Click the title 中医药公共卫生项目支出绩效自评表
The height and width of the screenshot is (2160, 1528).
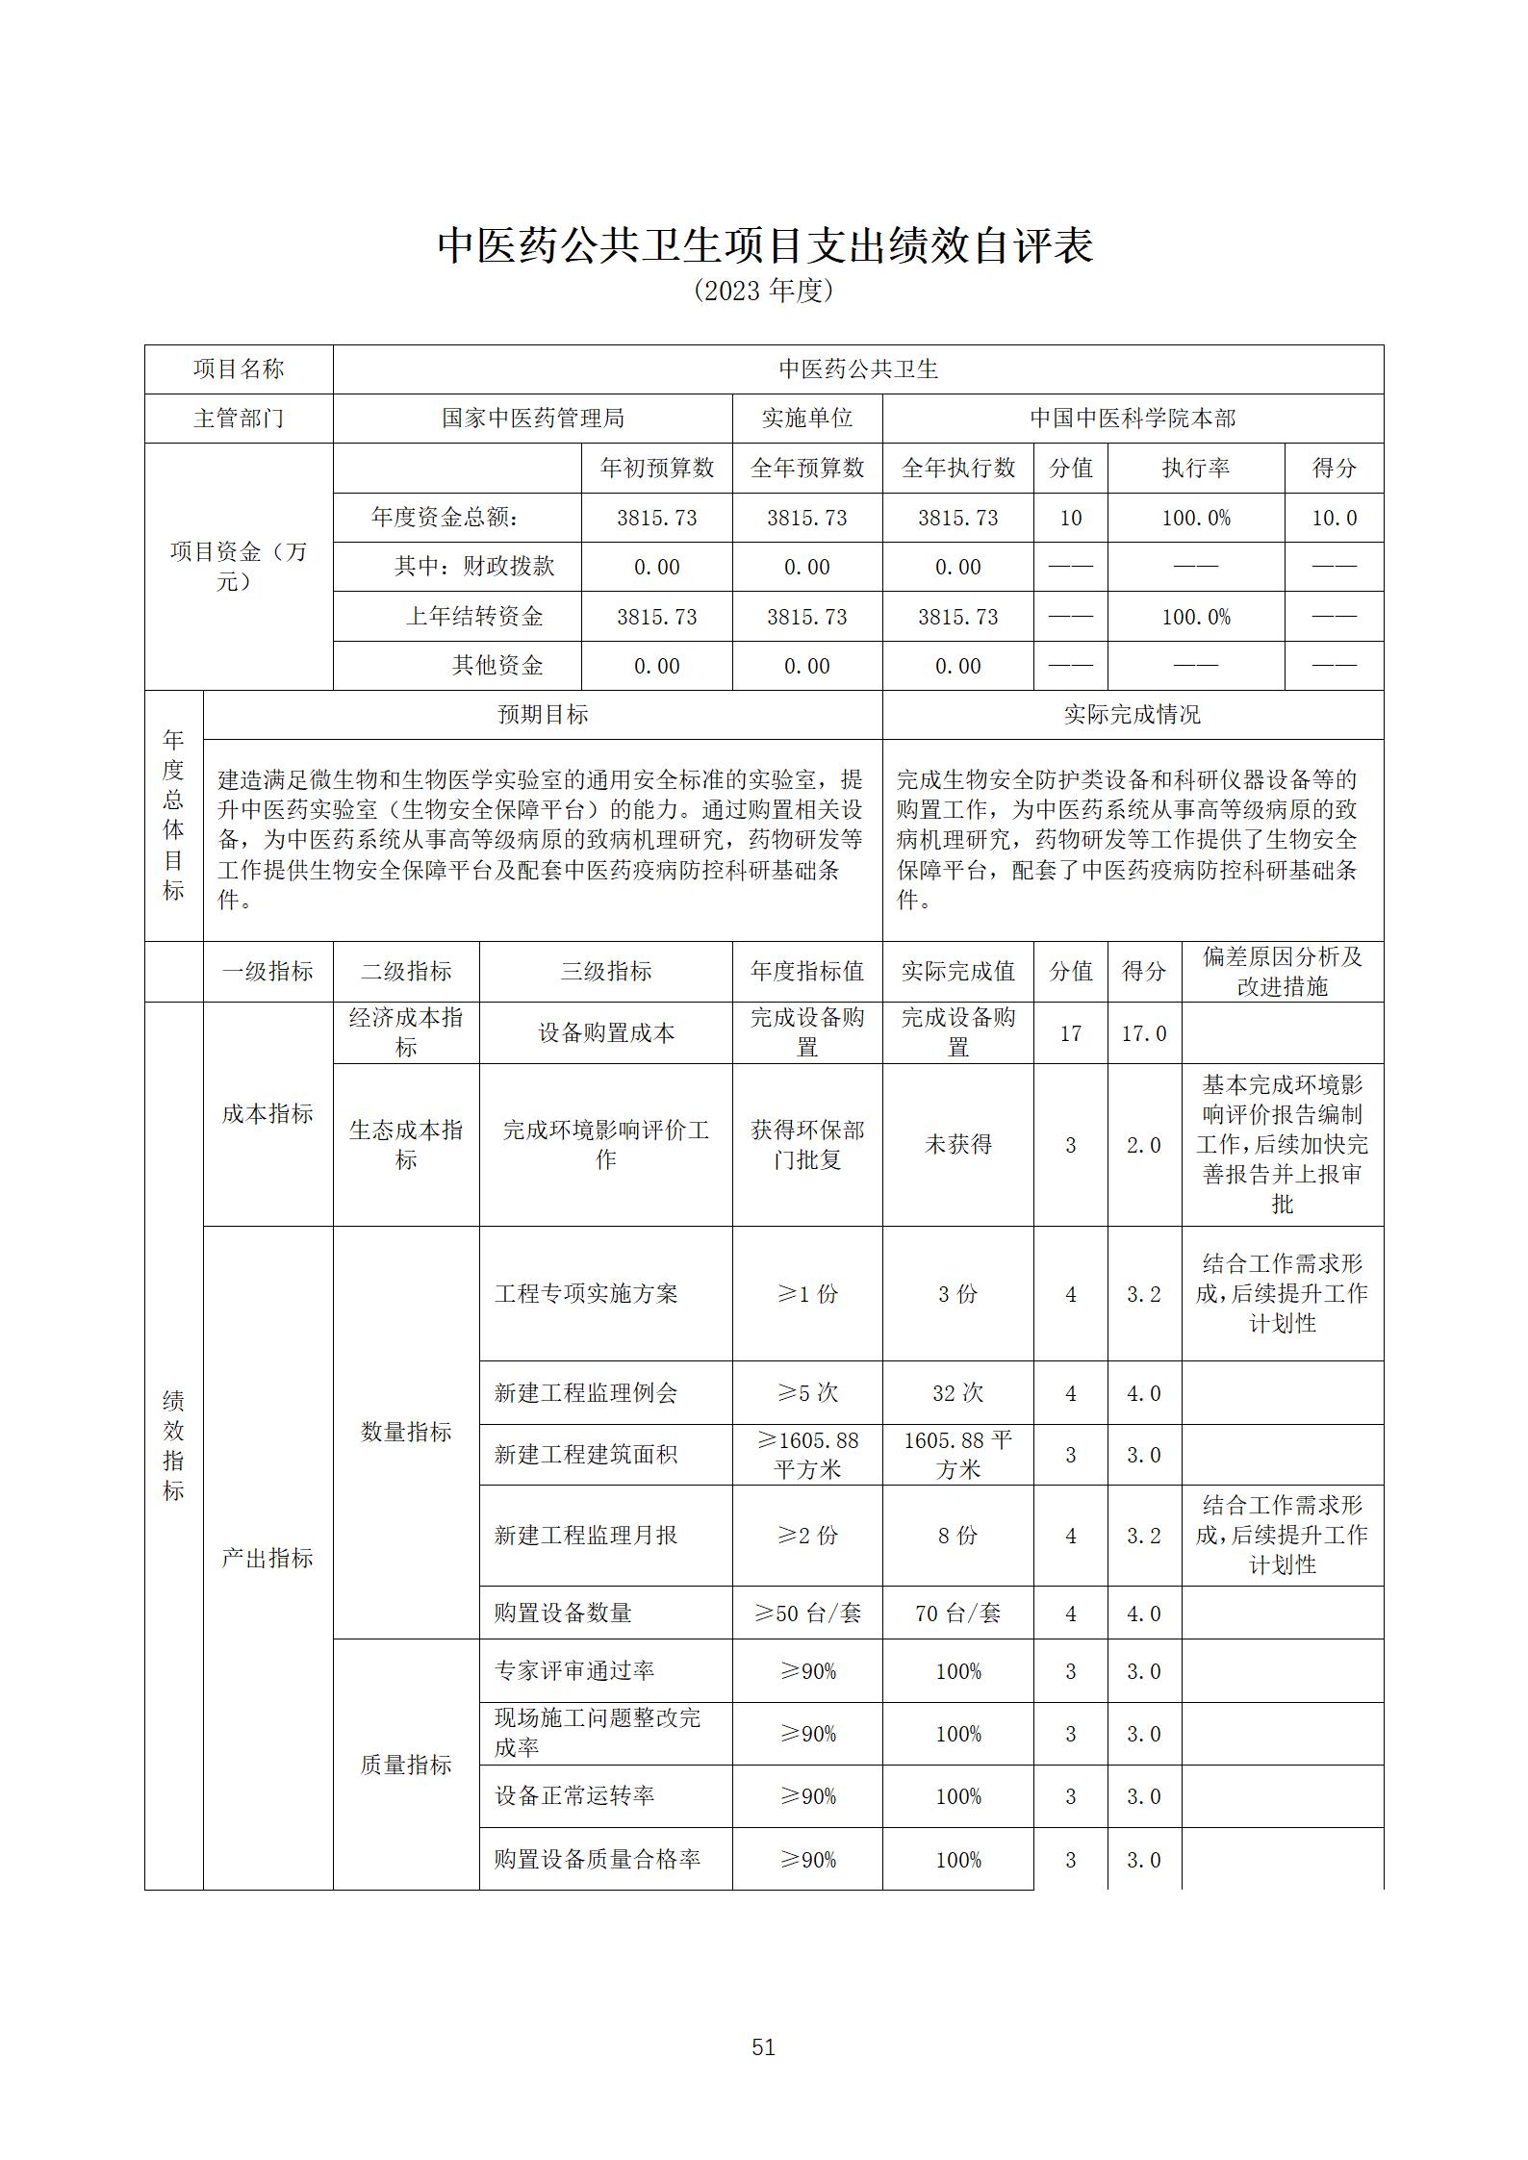tap(765, 245)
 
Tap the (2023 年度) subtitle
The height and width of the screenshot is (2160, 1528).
tap(763, 291)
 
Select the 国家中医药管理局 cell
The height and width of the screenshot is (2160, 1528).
tap(532, 419)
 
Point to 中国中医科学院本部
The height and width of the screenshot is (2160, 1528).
tap(1133, 419)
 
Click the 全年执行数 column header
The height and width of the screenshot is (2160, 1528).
tap(957, 469)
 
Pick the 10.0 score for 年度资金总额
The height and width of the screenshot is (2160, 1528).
tap(1334, 518)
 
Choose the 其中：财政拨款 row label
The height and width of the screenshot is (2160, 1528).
tap(474, 567)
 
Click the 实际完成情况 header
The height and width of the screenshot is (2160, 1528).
tap(1133, 715)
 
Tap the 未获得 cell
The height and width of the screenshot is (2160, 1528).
tap(957, 1145)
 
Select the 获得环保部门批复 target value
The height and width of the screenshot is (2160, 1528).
tap(807, 1145)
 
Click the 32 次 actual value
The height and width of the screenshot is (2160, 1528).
tap(957, 1393)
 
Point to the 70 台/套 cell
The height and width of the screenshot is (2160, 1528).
tap(957, 1614)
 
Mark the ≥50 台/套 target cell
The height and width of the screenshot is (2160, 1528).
tap(807, 1614)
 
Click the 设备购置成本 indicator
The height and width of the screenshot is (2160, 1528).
tap(605, 1033)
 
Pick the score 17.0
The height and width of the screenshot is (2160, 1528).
tap(1144, 1033)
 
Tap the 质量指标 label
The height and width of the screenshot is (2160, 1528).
tap(406, 1765)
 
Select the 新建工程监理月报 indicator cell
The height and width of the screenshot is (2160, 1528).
tap(586, 1536)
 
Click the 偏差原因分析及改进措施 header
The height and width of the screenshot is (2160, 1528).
tap(1282, 972)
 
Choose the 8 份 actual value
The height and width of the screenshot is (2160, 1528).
tap(957, 1536)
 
